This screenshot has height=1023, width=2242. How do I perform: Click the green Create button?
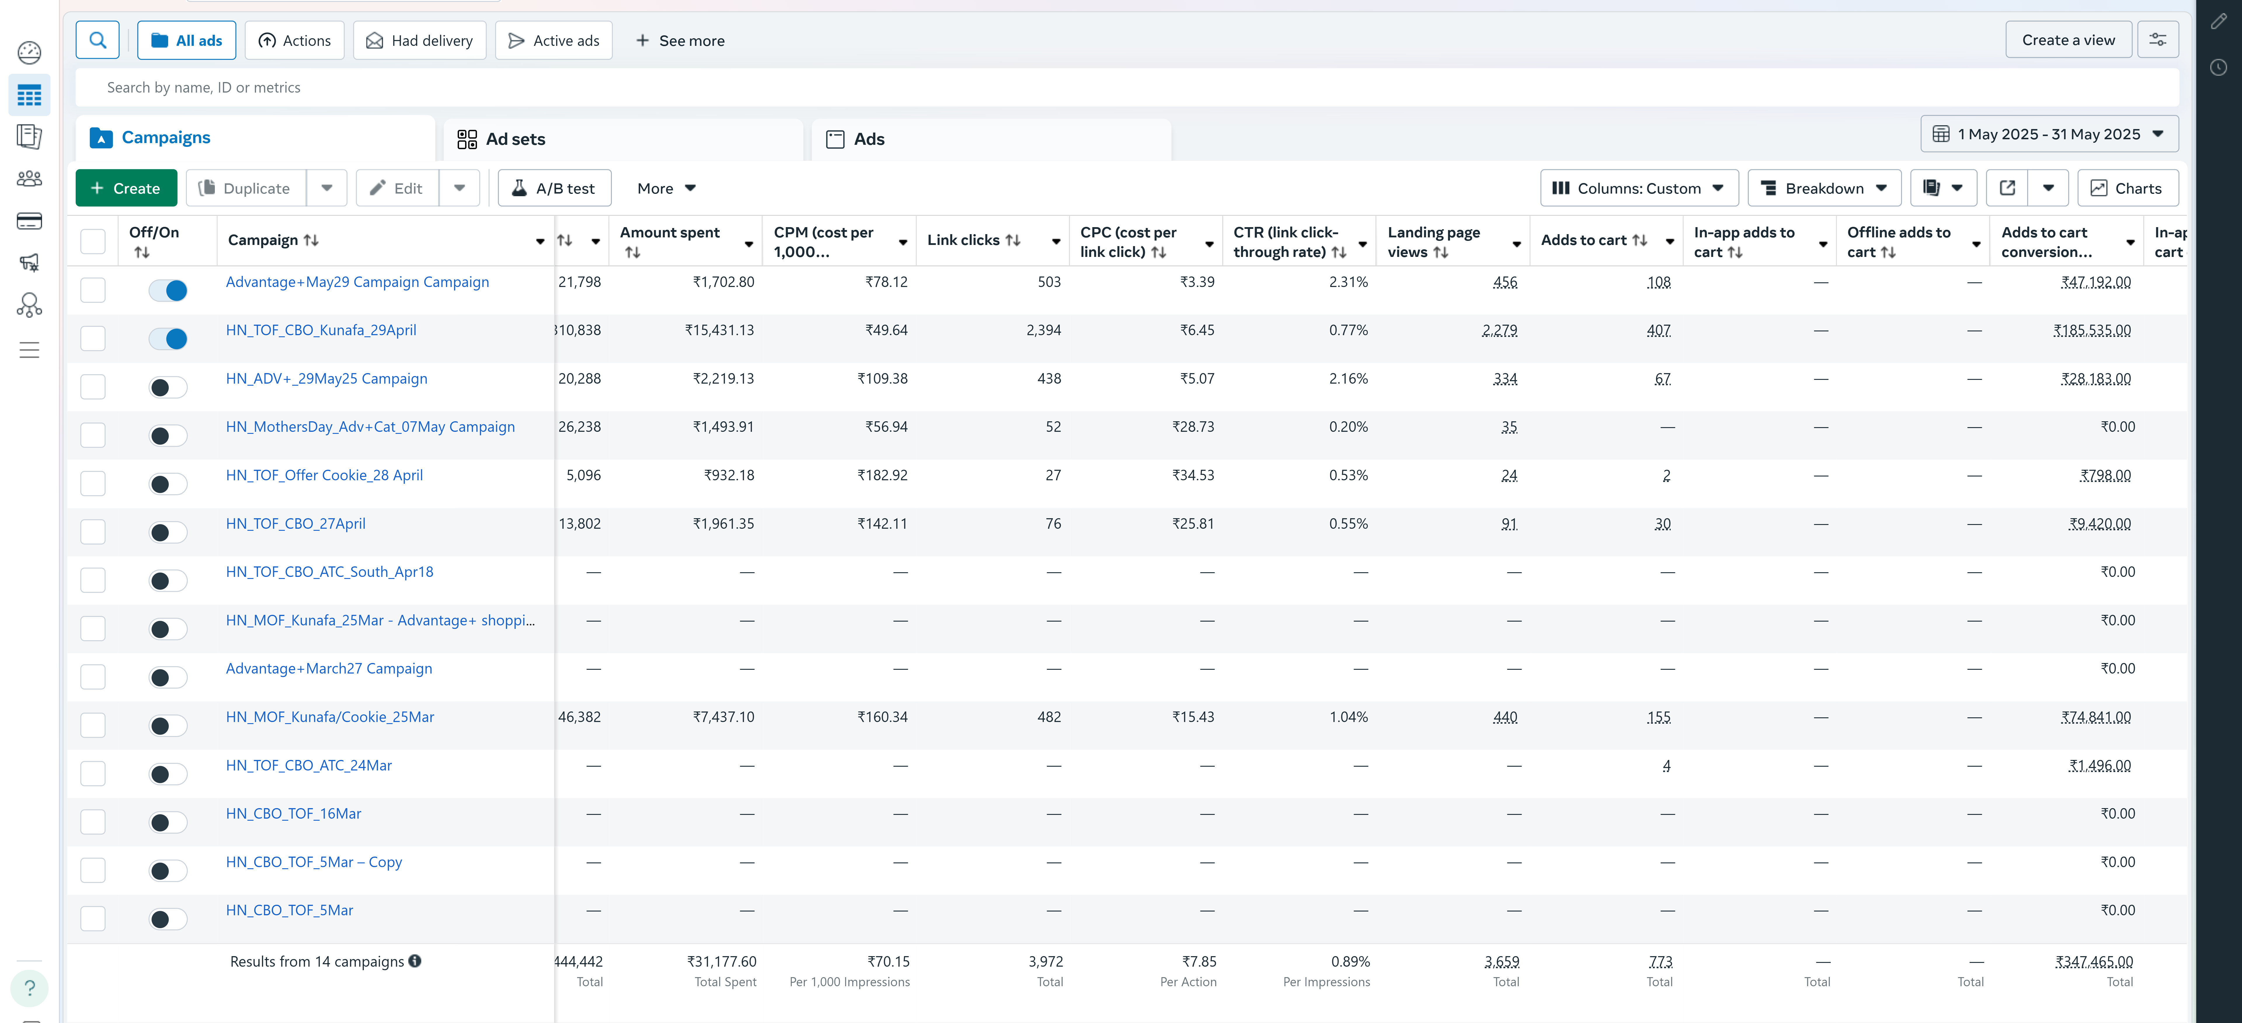click(126, 188)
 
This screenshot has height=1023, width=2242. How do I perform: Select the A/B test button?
click(554, 188)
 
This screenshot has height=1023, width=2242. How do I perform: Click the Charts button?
click(2127, 188)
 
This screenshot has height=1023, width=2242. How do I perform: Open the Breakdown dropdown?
click(1823, 188)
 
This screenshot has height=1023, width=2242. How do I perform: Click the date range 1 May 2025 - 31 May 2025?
click(2048, 134)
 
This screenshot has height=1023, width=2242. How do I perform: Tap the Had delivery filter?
click(419, 41)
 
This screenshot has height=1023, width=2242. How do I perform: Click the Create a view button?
click(2068, 40)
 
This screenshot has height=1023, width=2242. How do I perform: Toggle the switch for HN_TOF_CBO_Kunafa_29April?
click(168, 339)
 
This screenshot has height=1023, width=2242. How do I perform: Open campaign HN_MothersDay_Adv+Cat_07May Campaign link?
click(370, 427)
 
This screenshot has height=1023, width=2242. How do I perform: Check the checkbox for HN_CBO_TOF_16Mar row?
click(93, 822)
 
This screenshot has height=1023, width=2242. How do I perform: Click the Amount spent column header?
click(669, 232)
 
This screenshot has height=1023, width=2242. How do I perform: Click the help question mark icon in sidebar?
click(29, 987)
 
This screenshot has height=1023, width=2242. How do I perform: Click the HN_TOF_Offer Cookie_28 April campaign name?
click(324, 475)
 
